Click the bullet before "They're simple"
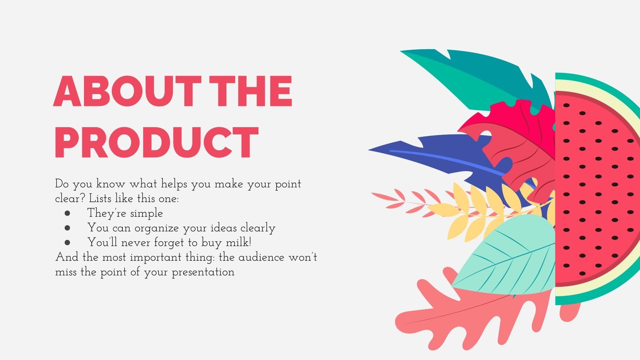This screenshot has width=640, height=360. (67, 213)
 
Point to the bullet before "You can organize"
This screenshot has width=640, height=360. (67, 228)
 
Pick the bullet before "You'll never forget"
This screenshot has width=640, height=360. (67, 242)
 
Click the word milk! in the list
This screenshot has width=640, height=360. (238, 242)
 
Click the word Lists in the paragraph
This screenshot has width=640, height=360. (100, 198)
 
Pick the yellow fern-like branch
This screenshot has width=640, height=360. (476, 212)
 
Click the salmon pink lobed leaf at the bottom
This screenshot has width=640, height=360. (460, 316)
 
